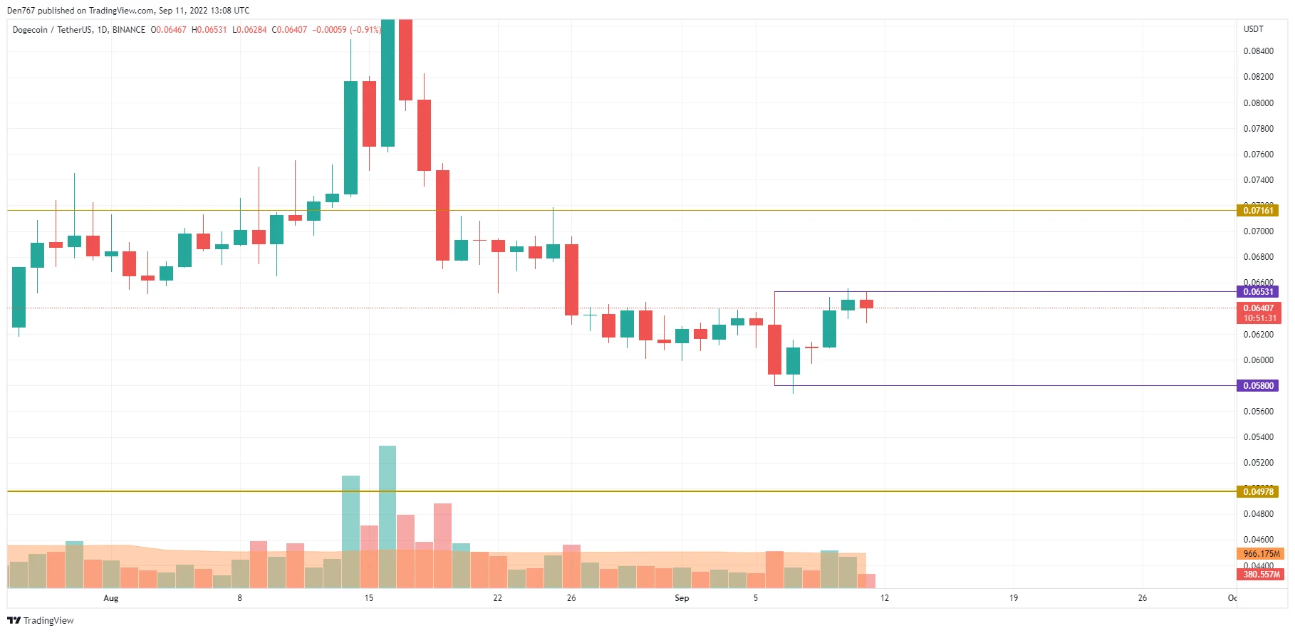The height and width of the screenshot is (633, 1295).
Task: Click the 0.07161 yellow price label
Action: click(1257, 210)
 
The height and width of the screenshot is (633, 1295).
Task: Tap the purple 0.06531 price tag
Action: click(1257, 292)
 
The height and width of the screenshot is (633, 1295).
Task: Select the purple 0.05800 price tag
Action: click(1257, 386)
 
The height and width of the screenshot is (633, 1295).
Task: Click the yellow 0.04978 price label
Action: click(1257, 492)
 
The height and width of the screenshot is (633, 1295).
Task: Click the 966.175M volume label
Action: click(1261, 553)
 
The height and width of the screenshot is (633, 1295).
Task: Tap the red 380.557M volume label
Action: click(1261, 574)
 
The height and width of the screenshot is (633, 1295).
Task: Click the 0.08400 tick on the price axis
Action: click(1258, 51)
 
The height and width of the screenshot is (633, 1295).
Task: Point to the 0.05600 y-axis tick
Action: click(1258, 412)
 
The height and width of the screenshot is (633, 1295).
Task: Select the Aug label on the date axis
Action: click(110, 598)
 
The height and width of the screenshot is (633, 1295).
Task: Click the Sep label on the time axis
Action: click(682, 598)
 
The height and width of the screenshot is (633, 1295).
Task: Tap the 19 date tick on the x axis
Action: click(1013, 598)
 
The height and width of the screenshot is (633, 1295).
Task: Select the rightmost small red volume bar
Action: click(866, 581)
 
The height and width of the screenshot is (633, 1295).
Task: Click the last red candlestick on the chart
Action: click(866, 304)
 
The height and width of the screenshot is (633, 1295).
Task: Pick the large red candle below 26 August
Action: click(571, 279)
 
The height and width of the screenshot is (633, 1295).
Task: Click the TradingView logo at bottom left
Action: click(41, 620)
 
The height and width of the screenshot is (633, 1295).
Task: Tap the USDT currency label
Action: click(1253, 29)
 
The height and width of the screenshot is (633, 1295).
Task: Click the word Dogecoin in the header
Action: click(29, 30)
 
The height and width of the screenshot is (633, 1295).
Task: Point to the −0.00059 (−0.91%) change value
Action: click(346, 30)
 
